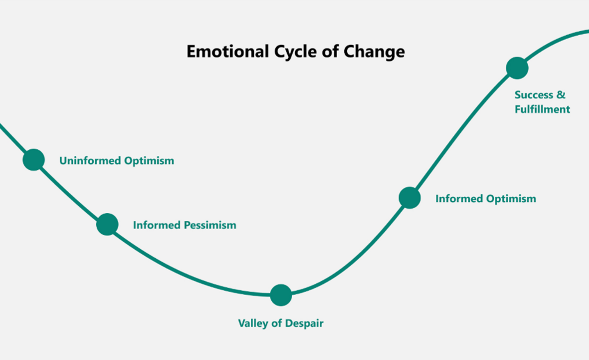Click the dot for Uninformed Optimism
pyautogui.click(x=34, y=159)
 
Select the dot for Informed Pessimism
pyautogui.click(x=107, y=224)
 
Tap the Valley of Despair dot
pyautogui.click(x=281, y=295)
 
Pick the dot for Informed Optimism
pyautogui.click(x=410, y=198)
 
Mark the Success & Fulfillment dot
pyautogui.click(x=517, y=68)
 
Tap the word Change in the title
pyautogui.click(x=374, y=52)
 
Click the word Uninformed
pyautogui.click(x=90, y=161)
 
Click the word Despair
pyautogui.click(x=304, y=324)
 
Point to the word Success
pyautogui.click(x=534, y=95)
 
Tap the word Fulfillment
pyautogui.click(x=542, y=109)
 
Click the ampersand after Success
pyautogui.click(x=561, y=95)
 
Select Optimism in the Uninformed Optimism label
pyautogui.click(x=149, y=161)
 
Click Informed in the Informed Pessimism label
pyautogui.click(x=157, y=225)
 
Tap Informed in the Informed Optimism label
pyautogui.click(x=459, y=199)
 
